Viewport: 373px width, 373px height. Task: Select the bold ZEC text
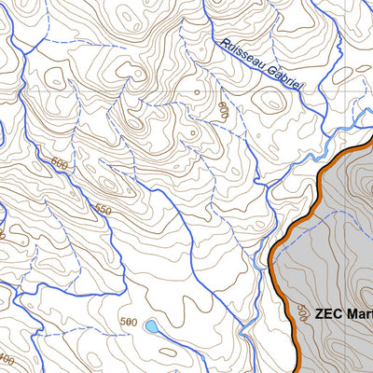pos(329,314)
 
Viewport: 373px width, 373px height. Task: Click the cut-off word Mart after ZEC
pos(359,314)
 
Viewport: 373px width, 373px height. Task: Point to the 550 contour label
pos(102,211)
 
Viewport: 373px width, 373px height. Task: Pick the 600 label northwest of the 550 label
pos(61,165)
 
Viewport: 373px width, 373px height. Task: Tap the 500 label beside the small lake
pos(129,322)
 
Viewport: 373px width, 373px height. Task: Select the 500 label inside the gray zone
pos(301,311)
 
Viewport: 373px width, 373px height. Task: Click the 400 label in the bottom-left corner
pos(7,359)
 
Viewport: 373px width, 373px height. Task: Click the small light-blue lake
pos(150,326)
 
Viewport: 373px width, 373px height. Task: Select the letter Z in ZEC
pos(321,314)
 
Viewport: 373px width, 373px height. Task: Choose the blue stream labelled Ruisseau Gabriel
pos(280,93)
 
